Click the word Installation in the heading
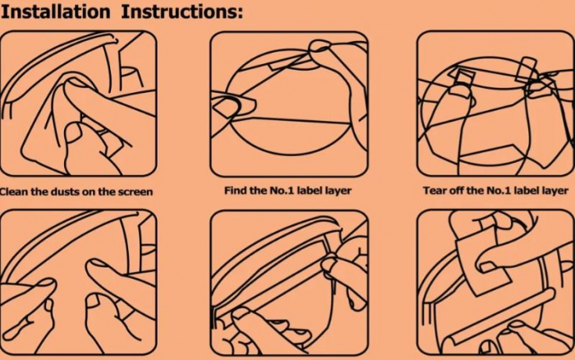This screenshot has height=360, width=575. pos(55,12)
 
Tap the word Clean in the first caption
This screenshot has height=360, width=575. pos(14,192)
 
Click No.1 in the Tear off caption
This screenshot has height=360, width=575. pos(499,191)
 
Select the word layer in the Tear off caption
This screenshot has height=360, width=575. pos(554,192)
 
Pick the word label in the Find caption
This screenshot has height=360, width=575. pos(310,191)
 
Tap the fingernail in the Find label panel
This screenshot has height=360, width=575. pos(228,106)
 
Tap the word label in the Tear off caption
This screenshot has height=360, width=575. pos(526,191)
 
